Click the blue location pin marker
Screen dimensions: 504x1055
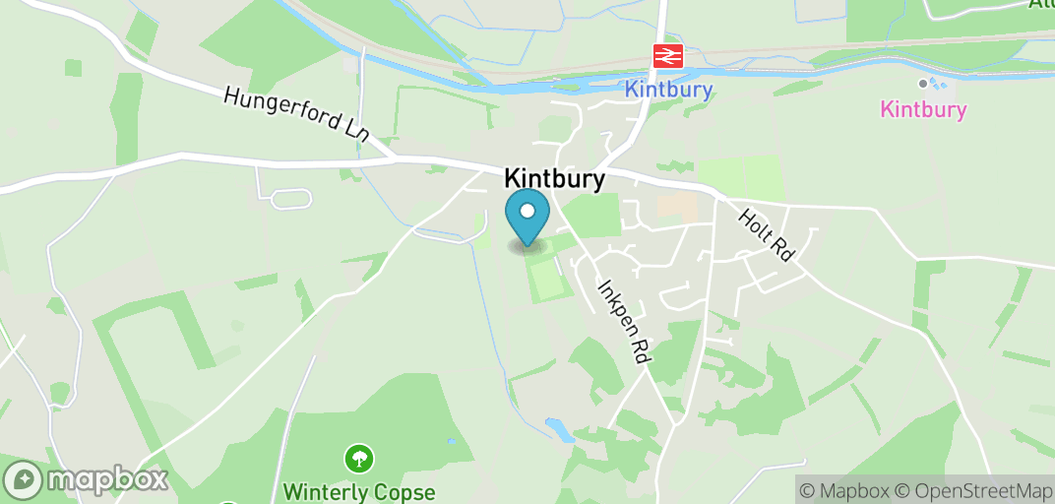(527, 217)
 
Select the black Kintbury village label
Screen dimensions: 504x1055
(554, 178)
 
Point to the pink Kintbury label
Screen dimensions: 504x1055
(923, 109)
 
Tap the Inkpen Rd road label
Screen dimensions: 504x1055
(624, 322)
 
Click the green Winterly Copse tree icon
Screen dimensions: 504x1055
(357, 458)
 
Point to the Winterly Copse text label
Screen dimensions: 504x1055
(358, 490)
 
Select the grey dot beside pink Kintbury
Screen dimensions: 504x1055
(922, 84)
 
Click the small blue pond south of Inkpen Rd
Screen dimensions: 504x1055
(557, 429)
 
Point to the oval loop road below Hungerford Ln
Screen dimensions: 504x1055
(290, 200)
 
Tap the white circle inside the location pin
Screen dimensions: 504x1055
(527, 210)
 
